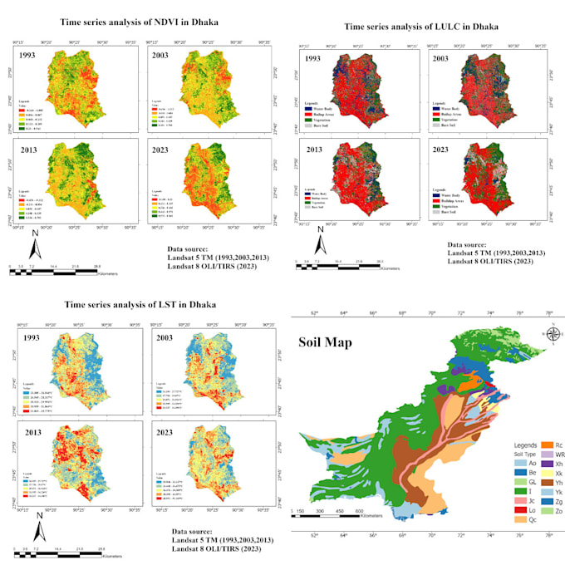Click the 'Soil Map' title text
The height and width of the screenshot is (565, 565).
click(x=330, y=342)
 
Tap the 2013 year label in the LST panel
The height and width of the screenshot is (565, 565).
click(x=31, y=430)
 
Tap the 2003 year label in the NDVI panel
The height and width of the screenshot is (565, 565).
click(x=161, y=56)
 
